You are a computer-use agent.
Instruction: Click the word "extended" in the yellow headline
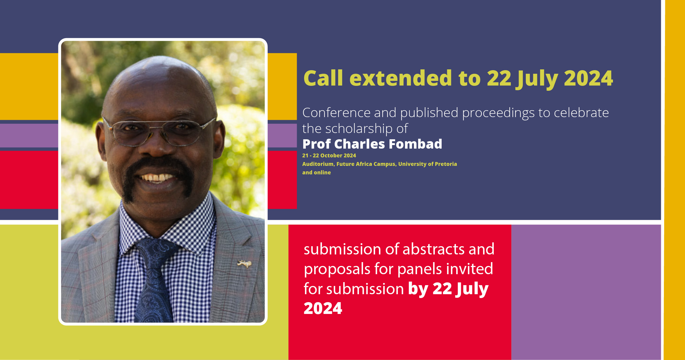[401, 78]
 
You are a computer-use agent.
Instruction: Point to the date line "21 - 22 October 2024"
[329, 155]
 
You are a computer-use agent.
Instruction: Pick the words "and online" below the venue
[316, 172]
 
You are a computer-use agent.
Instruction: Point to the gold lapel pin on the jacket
[244, 264]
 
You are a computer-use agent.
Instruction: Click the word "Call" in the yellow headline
[323, 78]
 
